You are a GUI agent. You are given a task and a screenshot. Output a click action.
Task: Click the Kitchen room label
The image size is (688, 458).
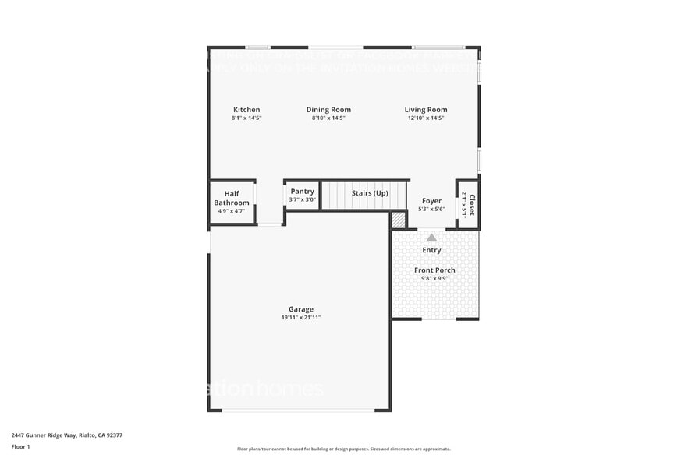coord(246,110)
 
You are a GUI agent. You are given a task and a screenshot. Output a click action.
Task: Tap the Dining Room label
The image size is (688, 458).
coord(328,110)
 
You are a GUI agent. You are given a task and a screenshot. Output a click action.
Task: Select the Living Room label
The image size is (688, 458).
coord(426,110)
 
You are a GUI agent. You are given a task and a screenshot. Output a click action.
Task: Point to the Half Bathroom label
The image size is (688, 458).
coord(232,198)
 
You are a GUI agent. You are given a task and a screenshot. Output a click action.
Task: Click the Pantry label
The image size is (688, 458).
coord(302,192)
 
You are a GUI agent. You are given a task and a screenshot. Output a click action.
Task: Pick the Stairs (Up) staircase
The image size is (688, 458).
coord(365,196)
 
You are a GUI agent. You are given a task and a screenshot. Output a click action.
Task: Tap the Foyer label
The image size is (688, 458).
coord(431,201)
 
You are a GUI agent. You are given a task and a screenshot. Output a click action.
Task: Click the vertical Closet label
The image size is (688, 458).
coord(471,199)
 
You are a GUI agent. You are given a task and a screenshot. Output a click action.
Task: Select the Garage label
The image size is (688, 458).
coord(301,309)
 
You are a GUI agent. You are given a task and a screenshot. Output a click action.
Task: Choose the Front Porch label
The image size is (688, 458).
coord(434,270)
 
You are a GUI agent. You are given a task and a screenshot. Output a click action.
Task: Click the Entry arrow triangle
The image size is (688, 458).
coord(431,238)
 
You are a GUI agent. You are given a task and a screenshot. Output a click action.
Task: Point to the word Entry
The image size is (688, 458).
coord(431,250)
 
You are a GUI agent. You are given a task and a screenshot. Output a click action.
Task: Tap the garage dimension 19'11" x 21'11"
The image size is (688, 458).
coord(301,318)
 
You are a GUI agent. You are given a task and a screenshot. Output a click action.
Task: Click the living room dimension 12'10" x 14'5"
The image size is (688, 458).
coord(426,118)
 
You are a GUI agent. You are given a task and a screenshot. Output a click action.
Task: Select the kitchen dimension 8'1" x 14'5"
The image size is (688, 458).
coord(246,118)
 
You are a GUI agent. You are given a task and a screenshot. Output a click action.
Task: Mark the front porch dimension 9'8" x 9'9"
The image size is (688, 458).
coord(434,278)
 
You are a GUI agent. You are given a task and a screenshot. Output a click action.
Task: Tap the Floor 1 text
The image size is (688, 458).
coord(20,446)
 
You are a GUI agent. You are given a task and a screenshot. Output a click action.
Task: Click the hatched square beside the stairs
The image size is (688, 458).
coord(399,221)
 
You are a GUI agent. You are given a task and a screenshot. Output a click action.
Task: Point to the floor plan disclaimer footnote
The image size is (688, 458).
coord(343,449)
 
